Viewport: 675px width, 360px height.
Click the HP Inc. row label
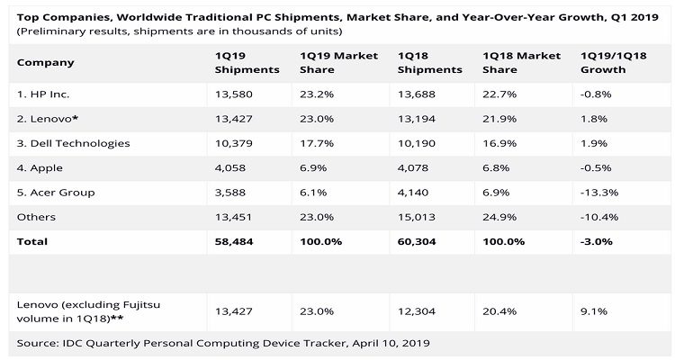tap(44, 94)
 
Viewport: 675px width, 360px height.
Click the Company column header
tap(45, 62)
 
